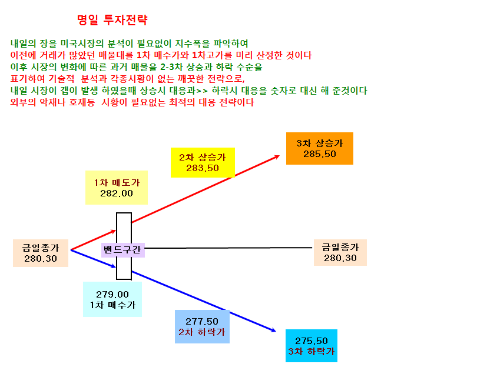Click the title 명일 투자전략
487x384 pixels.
click(112, 20)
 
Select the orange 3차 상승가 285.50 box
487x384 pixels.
click(320, 148)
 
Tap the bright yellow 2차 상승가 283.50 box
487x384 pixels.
click(203, 162)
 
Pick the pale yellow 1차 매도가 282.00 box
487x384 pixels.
click(117, 188)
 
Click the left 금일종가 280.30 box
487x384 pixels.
click(41, 253)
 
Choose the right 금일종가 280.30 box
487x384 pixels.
click(340, 252)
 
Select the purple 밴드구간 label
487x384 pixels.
click(122, 250)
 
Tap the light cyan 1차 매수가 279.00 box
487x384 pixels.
click(112, 299)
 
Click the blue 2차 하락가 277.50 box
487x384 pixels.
click(202, 326)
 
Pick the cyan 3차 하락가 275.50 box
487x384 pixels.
click(312, 346)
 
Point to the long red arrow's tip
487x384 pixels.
click(280, 156)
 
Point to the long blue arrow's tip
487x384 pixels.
click(276, 332)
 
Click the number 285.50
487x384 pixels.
click(320, 154)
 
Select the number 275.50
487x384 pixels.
click(312, 341)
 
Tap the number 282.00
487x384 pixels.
click(117, 193)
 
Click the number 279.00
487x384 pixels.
click(112, 294)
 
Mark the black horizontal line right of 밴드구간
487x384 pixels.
click(228, 248)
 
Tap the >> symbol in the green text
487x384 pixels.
click(202, 91)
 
